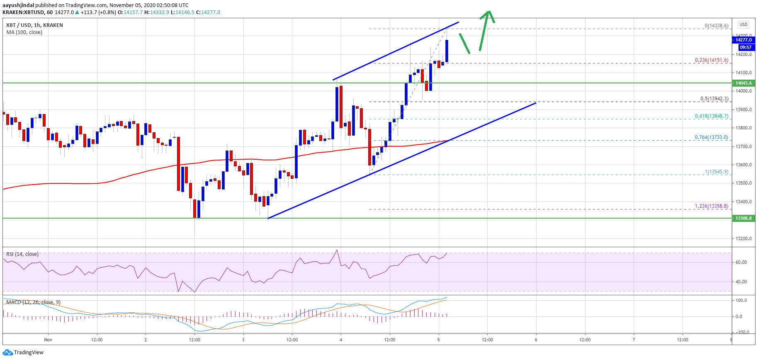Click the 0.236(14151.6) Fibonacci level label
[711, 60]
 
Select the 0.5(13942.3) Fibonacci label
[714, 99]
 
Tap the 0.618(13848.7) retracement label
[711, 116]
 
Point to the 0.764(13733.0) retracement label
[711, 137]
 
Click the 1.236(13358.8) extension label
[711, 206]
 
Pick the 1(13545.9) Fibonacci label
[716, 172]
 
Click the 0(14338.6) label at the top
[716, 26]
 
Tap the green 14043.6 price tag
[743, 83]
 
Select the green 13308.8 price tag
[743, 218]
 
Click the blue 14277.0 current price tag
[743, 40]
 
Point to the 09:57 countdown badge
[746, 47]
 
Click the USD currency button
[743, 24]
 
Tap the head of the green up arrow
[488, 15]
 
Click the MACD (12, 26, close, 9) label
[33, 302]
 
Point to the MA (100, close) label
[24, 32]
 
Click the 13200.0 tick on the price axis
[744, 238]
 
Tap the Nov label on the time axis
[48, 340]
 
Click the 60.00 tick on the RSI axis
[741, 262]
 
